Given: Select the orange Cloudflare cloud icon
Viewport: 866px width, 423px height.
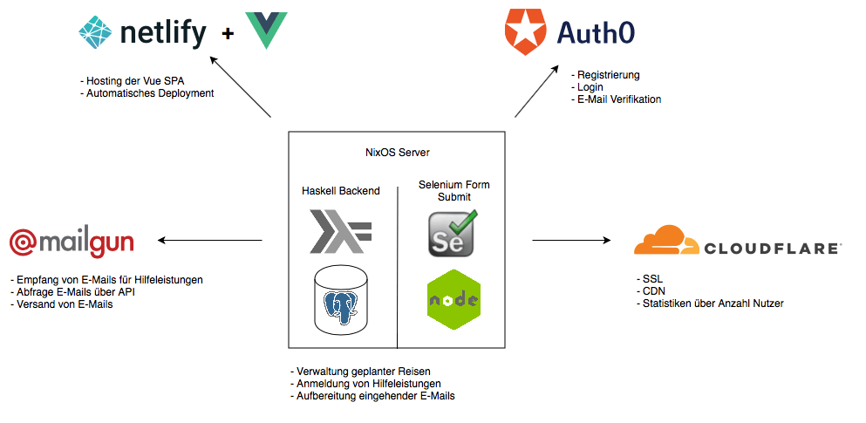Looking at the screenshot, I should tap(666, 241).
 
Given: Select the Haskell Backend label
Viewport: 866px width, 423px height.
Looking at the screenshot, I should tap(341, 190).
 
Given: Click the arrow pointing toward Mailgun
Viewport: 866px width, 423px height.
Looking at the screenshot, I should tap(209, 240).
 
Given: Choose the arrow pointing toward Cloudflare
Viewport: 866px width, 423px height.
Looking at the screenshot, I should tap(571, 240).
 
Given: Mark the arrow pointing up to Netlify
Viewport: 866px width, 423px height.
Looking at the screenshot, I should tap(242, 88).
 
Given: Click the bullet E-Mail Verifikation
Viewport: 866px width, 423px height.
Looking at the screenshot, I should tap(616, 99).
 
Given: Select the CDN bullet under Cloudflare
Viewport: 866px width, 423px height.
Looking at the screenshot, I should tap(649, 290).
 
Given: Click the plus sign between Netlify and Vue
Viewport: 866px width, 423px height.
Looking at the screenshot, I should tap(228, 34).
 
